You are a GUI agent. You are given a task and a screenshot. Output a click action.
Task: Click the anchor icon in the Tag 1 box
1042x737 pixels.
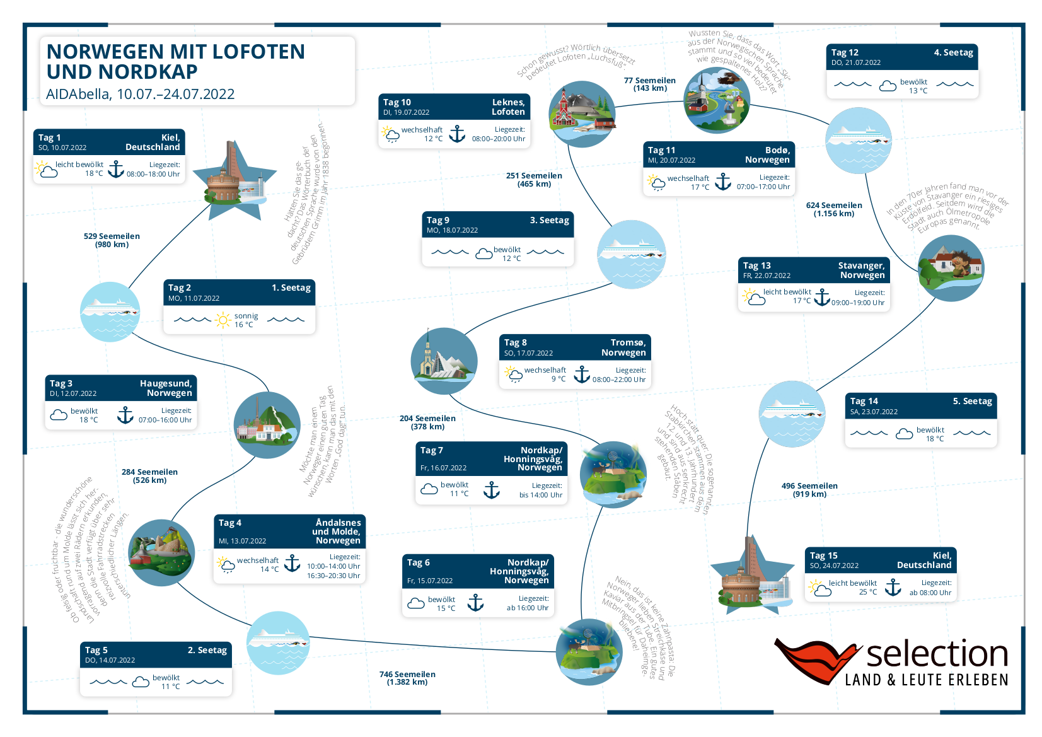(x=116, y=169)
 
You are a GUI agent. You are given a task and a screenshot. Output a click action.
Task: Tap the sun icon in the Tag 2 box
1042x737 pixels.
(x=223, y=320)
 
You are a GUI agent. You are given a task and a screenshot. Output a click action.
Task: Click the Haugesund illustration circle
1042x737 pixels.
(x=267, y=425)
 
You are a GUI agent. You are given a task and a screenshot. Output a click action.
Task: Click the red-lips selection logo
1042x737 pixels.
(x=818, y=660)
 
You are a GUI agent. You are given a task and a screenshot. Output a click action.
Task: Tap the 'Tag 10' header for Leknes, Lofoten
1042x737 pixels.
(x=397, y=102)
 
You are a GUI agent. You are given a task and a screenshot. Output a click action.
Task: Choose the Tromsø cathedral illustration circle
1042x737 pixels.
(x=444, y=361)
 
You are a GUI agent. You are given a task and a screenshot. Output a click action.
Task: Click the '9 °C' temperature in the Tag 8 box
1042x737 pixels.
(x=559, y=379)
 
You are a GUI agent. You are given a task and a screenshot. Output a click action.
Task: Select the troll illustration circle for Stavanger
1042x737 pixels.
(x=951, y=268)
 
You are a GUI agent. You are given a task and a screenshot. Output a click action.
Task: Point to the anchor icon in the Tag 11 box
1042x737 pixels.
(x=723, y=182)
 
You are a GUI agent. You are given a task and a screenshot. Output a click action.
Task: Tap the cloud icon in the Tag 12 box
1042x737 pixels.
(x=888, y=86)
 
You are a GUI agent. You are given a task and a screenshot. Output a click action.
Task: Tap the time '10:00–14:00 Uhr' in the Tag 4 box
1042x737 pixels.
(x=333, y=566)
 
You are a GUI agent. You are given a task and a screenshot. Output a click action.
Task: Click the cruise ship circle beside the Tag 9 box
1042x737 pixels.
(x=631, y=254)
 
